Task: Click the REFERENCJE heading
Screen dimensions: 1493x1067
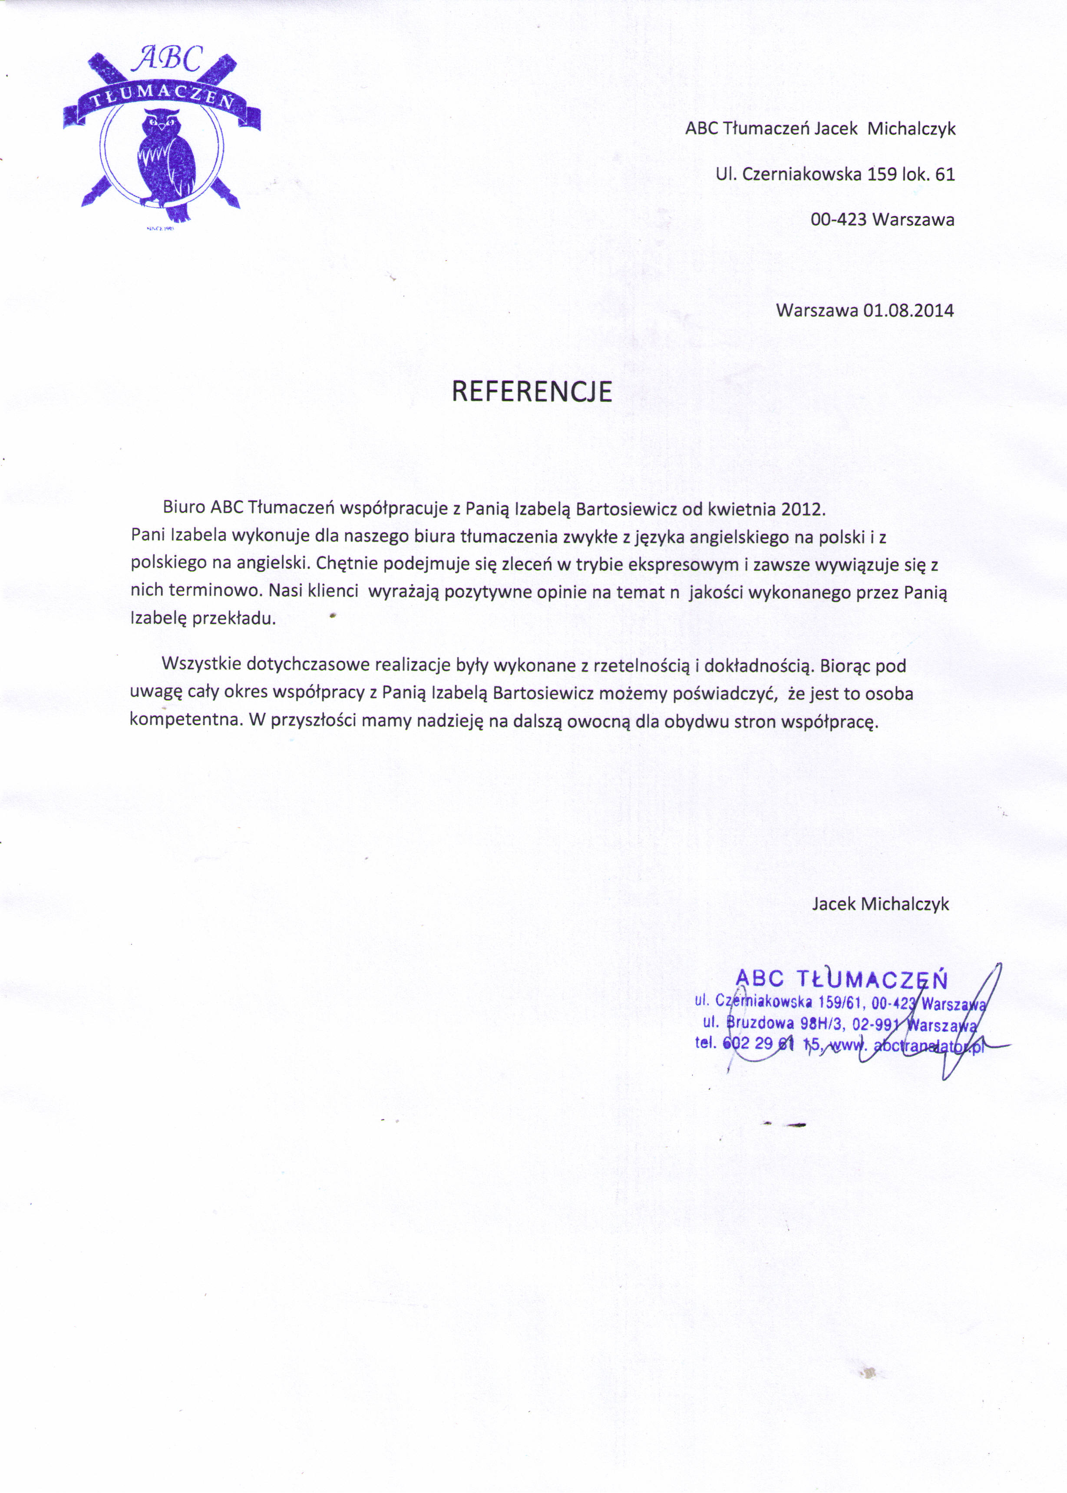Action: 532,392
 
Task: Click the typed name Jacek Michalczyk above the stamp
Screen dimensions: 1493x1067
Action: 880,904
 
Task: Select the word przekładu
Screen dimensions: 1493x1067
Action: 234,619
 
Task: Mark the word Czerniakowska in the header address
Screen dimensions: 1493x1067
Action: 802,174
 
